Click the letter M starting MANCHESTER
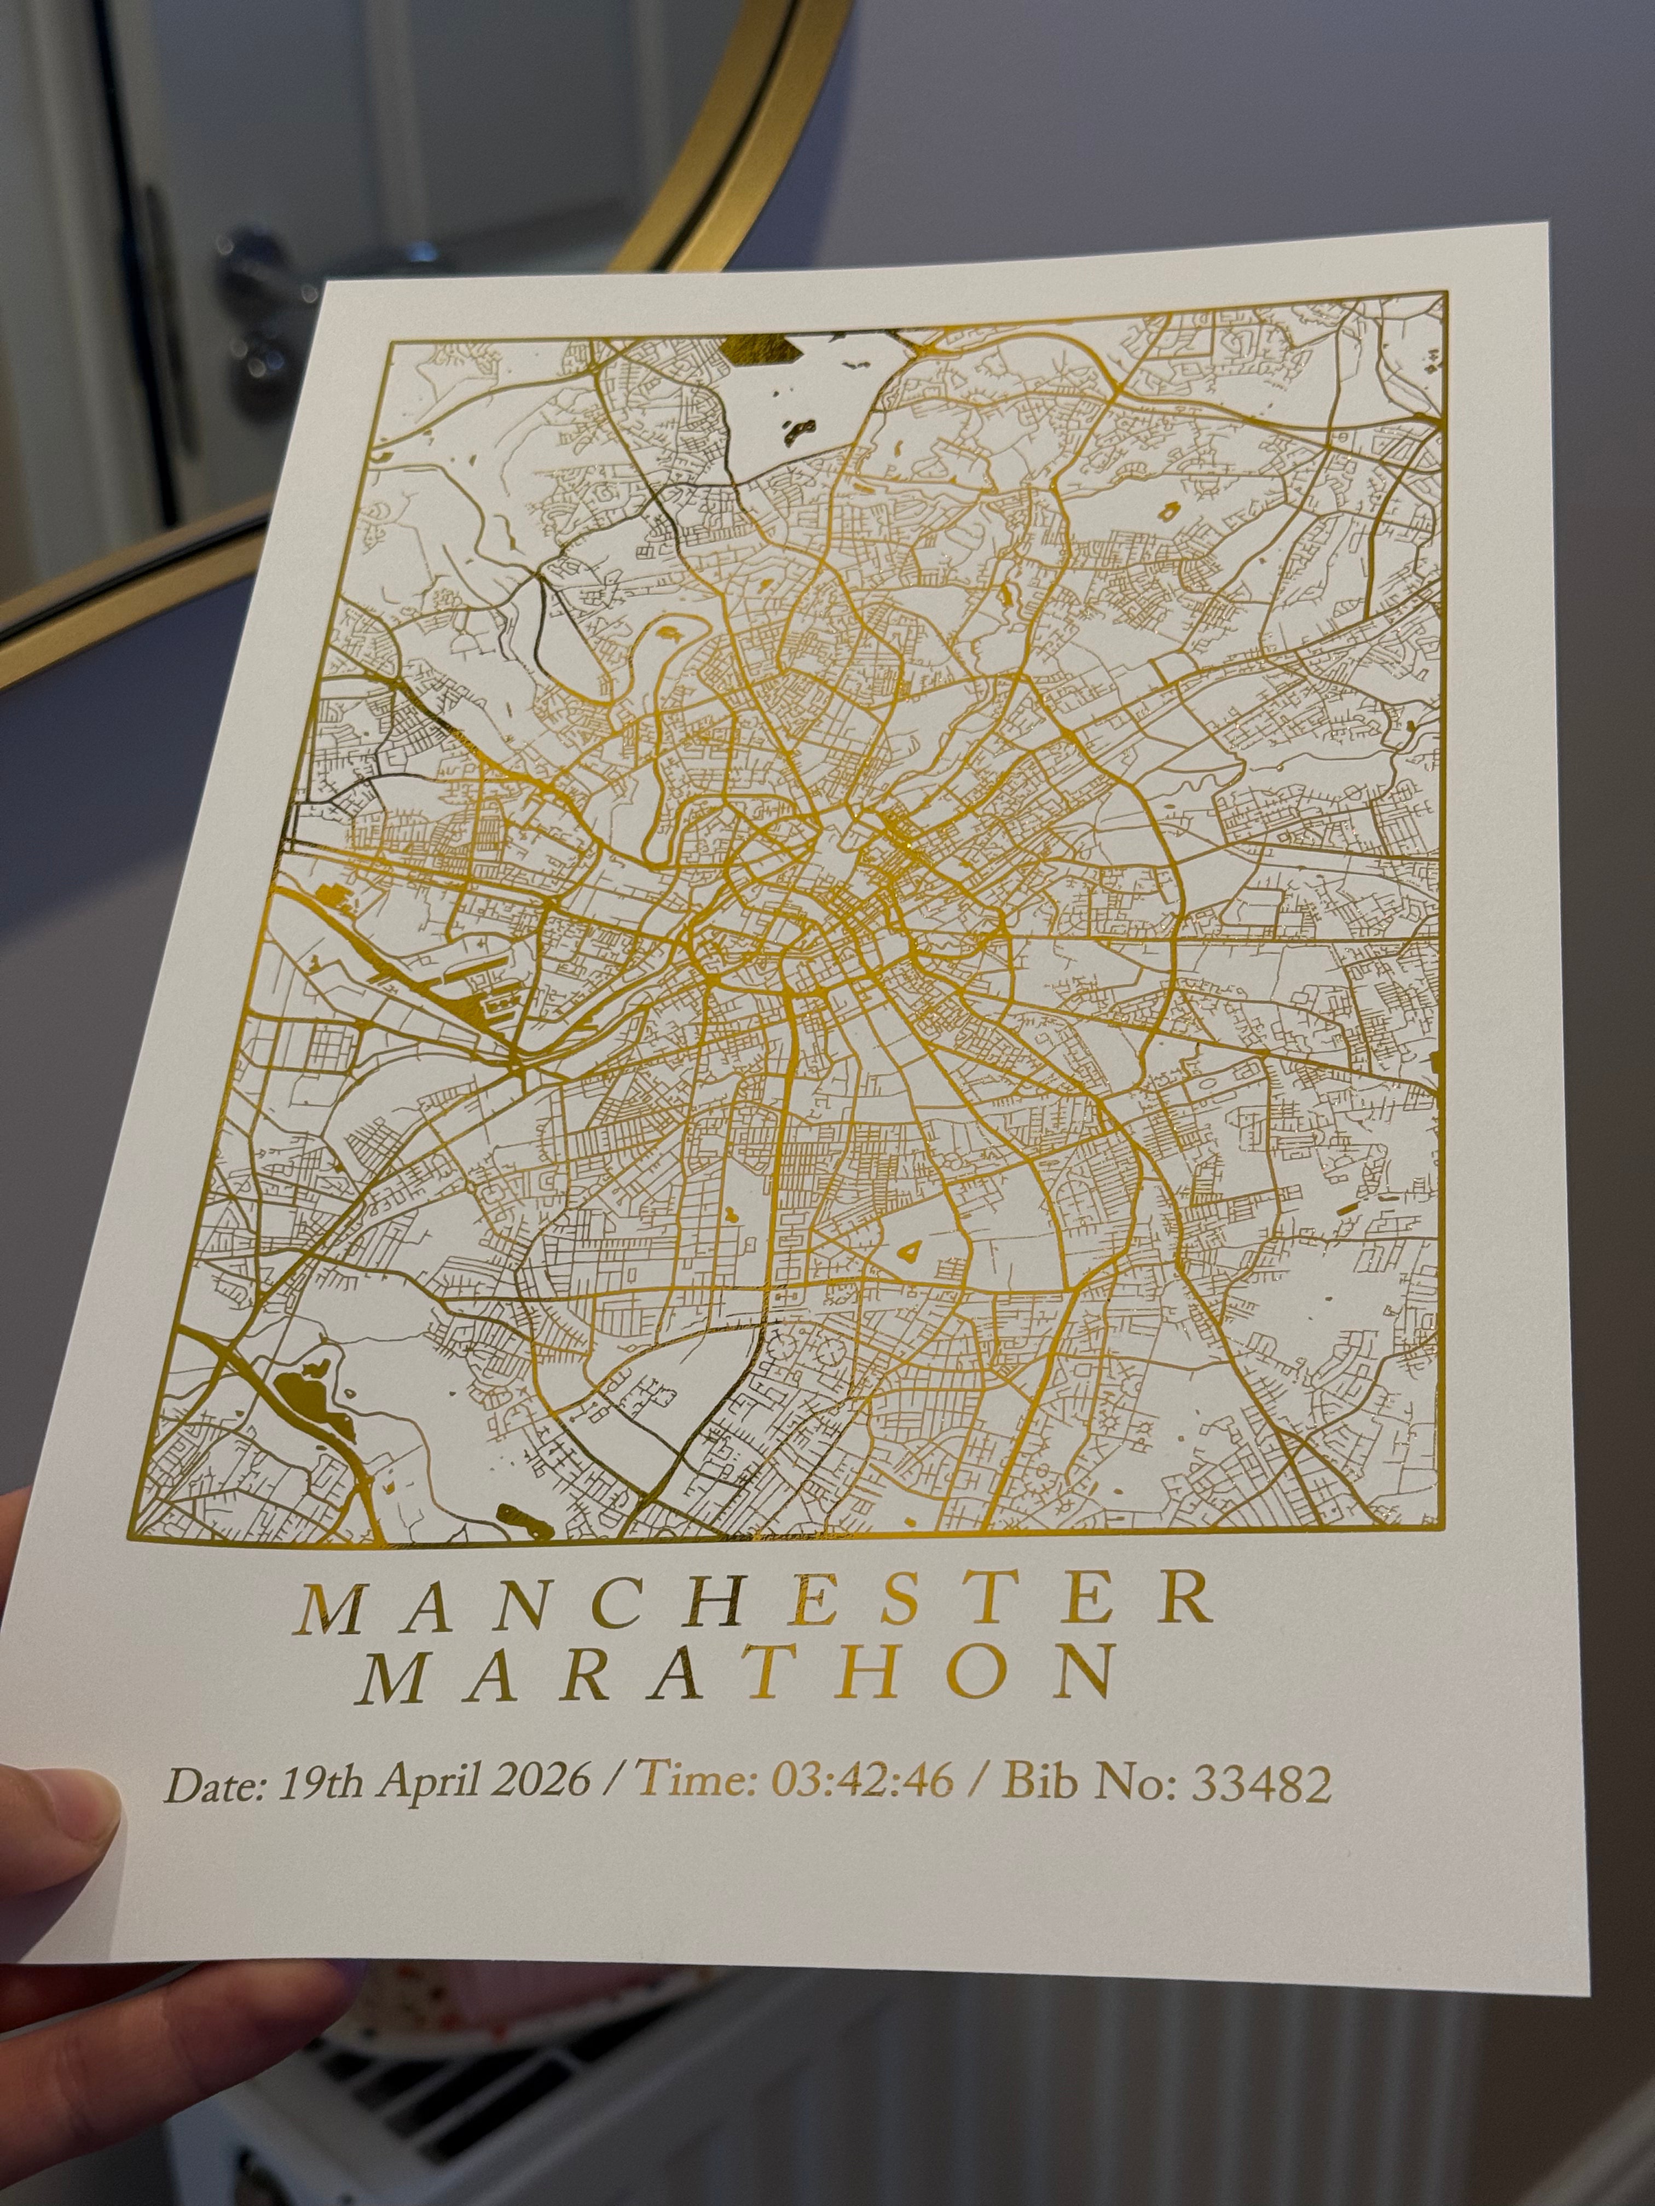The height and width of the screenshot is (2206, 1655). pyautogui.click(x=332, y=1607)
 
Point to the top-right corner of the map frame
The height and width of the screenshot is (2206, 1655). pyautogui.click(x=1444, y=293)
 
